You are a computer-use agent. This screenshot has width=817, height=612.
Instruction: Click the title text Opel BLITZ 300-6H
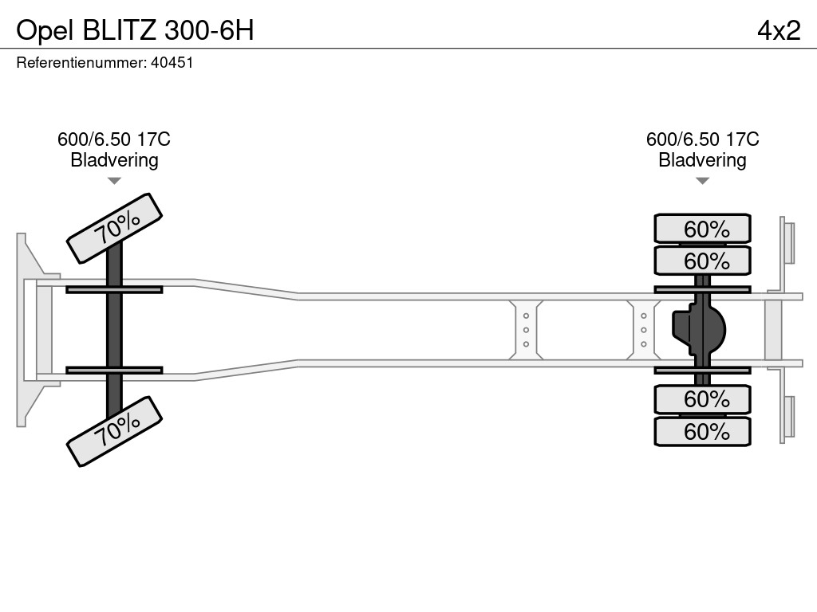[x=135, y=29]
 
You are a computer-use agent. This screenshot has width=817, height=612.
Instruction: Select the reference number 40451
[x=172, y=62]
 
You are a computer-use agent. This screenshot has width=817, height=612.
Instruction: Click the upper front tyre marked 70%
[x=115, y=228]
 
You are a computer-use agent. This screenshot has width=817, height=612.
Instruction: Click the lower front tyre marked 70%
[x=115, y=430]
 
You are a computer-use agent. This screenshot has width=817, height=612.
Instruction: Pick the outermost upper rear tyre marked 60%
[x=702, y=229]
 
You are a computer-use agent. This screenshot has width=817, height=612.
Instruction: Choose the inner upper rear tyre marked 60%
[x=702, y=261]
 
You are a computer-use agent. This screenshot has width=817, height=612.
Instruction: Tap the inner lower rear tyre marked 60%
[x=702, y=398]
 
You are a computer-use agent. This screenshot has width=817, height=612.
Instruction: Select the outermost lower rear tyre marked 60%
[x=702, y=431]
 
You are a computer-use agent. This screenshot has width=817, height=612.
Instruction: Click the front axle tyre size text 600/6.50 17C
[x=114, y=139]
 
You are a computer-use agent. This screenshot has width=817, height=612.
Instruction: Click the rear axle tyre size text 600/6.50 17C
[x=702, y=139]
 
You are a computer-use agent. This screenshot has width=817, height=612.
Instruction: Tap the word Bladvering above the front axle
[x=114, y=159]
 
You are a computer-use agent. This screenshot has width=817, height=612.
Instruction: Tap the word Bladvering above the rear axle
[x=702, y=159]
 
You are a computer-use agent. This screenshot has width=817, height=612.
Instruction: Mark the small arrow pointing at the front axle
[x=114, y=181]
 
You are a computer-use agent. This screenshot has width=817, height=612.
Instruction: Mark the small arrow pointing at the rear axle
[x=702, y=181]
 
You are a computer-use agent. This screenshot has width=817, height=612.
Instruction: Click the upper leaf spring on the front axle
[x=114, y=289]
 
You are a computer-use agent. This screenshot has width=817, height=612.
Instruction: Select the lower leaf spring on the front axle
[x=114, y=370]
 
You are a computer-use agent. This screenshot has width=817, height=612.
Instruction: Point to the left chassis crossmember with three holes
[x=527, y=330]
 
